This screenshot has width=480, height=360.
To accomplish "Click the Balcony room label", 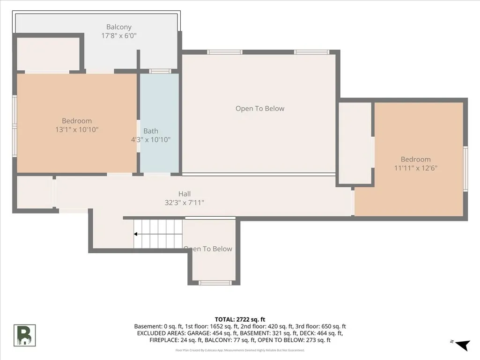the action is [119, 27].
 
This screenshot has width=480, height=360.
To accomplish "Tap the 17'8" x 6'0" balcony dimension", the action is [119, 36].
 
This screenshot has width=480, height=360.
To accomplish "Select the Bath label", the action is [151, 131].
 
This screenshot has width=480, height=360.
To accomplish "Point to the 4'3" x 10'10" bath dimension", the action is [151, 140].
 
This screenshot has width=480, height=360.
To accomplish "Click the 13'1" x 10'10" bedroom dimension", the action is [77, 130].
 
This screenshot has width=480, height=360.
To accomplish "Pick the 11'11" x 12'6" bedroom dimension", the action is [416, 168].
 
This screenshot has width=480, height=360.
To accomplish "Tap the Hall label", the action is [185, 194].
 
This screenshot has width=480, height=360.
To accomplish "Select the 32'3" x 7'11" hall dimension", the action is [185, 202].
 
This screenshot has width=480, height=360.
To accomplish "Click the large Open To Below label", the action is [260, 108].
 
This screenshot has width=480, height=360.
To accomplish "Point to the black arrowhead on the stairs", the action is [135, 234].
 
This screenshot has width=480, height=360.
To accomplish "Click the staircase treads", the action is [158, 234].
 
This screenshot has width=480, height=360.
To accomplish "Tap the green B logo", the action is [24, 336].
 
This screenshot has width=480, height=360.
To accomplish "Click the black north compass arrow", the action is [463, 345].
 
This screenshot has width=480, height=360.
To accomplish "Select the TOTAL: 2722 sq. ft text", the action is [240, 320].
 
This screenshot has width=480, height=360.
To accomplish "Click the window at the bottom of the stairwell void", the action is [214, 283].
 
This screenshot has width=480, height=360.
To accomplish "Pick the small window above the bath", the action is [160, 71].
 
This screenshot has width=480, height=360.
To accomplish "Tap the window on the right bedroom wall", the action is [465, 169].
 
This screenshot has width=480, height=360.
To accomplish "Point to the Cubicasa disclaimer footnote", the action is [240, 350].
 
